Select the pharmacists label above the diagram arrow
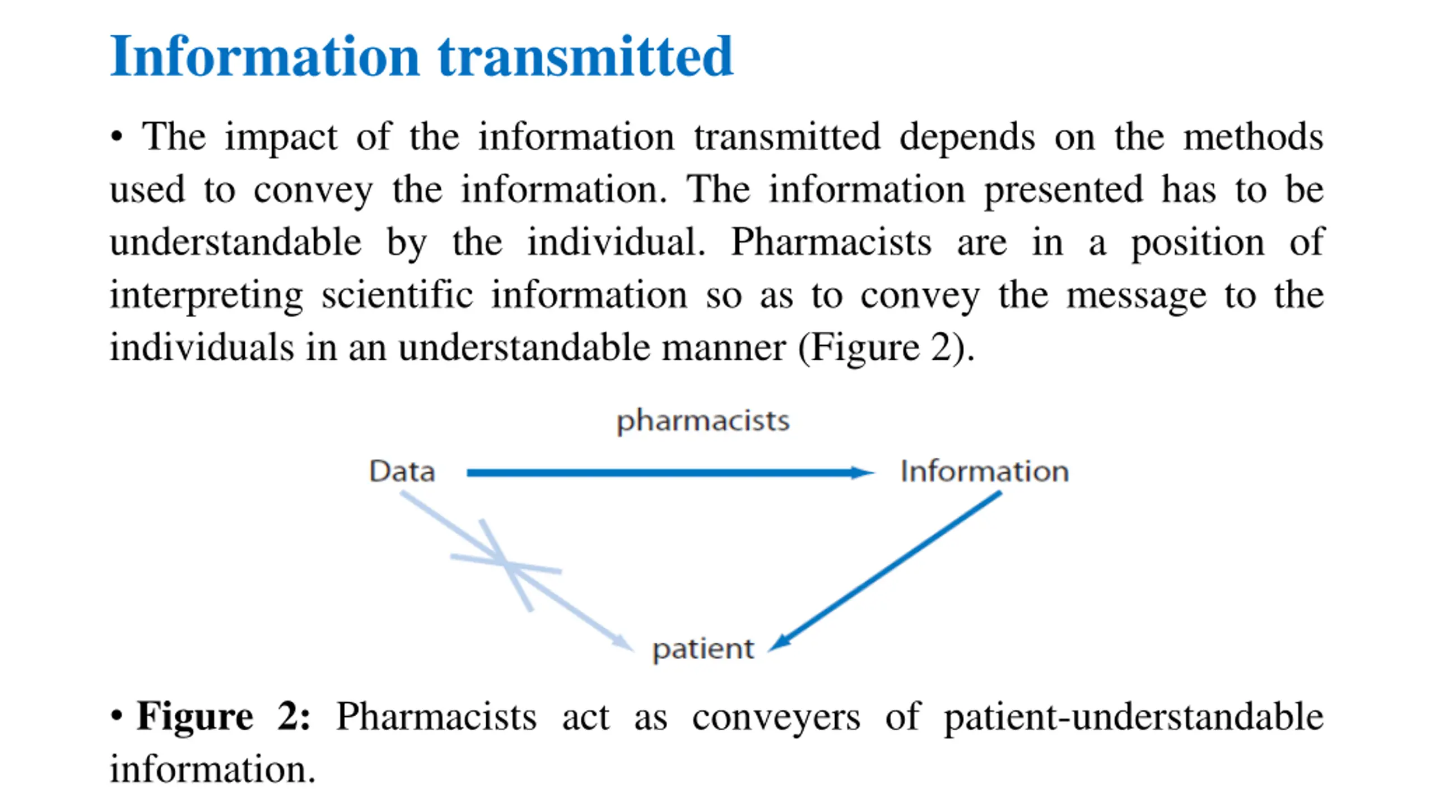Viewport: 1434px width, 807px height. click(703, 420)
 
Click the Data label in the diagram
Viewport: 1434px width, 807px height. click(402, 471)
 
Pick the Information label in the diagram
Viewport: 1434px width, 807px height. click(984, 471)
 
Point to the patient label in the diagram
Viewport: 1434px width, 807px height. click(703, 649)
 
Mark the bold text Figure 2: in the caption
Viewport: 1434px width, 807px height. click(223, 716)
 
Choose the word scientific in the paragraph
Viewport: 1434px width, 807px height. click(397, 295)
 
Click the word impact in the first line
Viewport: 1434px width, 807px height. click(281, 137)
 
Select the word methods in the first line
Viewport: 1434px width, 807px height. click(1253, 137)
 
